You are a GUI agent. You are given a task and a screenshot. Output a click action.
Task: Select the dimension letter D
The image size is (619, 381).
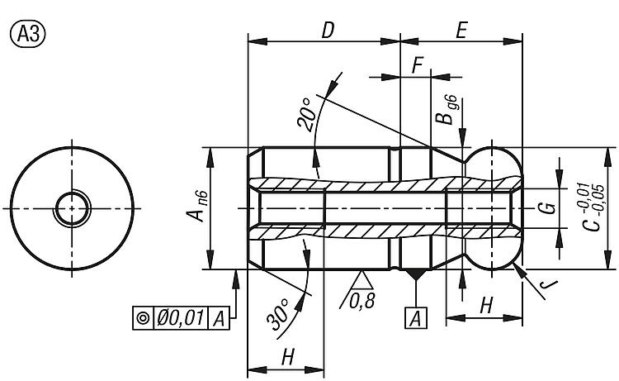pyautogui.click(x=327, y=31)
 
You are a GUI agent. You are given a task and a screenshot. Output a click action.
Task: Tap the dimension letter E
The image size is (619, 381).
pyautogui.click(x=461, y=31)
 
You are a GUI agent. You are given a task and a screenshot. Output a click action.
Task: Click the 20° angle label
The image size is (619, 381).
pyautogui.click(x=307, y=115)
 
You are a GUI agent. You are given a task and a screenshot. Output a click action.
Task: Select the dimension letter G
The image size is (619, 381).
pyautogui.click(x=546, y=207)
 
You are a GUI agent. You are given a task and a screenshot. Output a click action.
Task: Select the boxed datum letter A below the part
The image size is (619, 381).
pyautogui.click(x=417, y=317)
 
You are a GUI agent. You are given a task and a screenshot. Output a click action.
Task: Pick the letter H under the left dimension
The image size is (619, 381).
pyautogui.click(x=287, y=357)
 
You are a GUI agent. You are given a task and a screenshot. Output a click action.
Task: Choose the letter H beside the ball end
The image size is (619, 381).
pyautogui.click(x=484, y=304)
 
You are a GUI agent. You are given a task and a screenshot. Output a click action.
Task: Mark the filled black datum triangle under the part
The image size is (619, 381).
pyautogui.click(x=417, y=274)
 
